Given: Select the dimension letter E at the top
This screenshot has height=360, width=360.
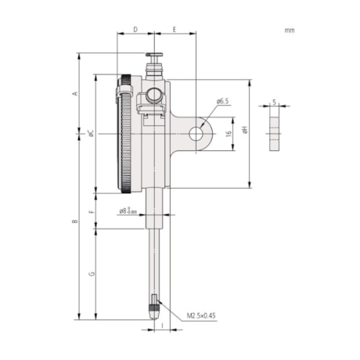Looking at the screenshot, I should tap(174, 29).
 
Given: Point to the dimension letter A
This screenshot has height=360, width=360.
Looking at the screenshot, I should tap(75, 93).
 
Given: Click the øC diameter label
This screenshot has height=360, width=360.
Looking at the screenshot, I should tap(90, 134).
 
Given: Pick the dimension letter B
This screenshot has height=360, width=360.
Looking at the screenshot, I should tap(75, 221).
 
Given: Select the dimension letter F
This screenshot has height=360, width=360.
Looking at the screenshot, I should tap(92, 211).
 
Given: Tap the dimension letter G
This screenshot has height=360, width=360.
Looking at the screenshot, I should tap(92, 274).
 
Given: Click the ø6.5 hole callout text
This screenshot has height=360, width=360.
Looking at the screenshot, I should tap(222, 101).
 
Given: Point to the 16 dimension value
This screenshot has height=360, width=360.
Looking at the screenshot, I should tap(229, 134).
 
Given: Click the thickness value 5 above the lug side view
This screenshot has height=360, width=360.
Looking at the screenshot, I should tap(274, 101).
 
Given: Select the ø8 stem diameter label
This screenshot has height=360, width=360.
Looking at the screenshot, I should tap(127, 211).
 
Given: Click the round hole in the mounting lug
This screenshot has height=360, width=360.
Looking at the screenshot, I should tap(195, 134).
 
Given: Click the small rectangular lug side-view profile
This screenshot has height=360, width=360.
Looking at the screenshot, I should tap(274, 131).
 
